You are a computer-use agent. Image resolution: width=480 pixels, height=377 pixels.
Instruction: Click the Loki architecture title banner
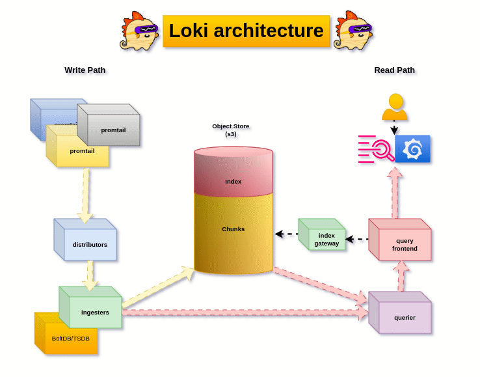tap(246, 31)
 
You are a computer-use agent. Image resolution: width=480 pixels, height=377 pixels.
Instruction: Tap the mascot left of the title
tap(139, 31)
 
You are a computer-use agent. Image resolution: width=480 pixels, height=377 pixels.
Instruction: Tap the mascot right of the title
tap(353, 31)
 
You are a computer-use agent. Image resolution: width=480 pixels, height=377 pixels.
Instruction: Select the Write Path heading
tap(85, 70)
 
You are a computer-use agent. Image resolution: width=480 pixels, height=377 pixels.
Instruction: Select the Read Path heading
tap(394, 70)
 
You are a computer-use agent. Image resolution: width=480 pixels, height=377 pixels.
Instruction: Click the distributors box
tap(89, 244)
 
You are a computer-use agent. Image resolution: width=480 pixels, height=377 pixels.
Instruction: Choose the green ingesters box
tap(94, 312)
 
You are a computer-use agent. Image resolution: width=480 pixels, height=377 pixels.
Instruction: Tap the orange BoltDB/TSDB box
tap(70, 338)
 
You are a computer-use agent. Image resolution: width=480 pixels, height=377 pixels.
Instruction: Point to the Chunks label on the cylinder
tap(233, 229)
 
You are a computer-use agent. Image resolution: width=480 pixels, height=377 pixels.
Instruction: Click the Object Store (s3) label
tap(230, 130)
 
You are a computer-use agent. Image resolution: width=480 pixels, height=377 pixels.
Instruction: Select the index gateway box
tap(326, 239)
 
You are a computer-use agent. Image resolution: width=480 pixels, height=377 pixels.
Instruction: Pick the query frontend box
tap(404, 244)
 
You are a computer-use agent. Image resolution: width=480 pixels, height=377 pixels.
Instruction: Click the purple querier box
tap(404, 317)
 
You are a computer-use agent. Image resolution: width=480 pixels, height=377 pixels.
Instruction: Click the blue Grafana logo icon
tap(412, 149)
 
